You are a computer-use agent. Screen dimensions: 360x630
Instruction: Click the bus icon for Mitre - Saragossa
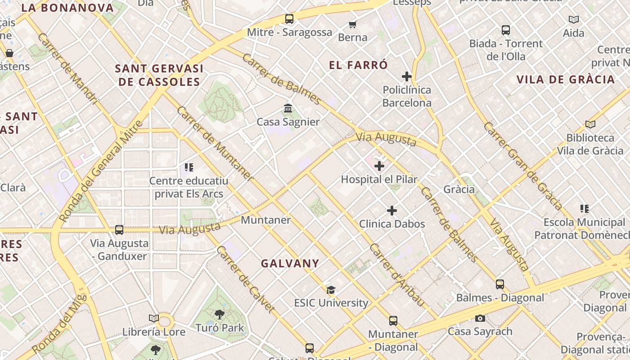click(289, 19)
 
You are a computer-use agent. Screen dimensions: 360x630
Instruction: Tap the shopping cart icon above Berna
click(353, 24)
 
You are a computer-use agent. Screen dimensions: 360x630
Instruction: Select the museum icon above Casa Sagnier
click(288, 108)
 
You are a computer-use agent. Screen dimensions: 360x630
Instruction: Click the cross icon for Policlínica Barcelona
click(407, 76)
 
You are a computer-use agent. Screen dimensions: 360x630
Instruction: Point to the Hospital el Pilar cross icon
click(379, 166)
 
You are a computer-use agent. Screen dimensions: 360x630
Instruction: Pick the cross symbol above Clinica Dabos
click(392, 211)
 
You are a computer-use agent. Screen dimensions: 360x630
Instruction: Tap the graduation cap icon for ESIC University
click(331, 290)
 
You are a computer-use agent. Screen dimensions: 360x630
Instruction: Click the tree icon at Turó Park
click(220, 315)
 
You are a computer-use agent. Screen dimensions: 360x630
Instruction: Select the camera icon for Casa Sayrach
click(480, 319)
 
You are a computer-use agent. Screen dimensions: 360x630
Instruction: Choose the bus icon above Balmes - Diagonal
click(500, 284)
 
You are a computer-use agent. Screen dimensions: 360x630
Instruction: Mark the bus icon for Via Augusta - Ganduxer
click(119, 230)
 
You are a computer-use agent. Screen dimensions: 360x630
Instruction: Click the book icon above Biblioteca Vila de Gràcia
click(590, 124)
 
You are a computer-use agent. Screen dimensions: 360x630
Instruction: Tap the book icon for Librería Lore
click(154, 319)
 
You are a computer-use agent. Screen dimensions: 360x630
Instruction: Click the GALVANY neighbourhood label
click(290, 264)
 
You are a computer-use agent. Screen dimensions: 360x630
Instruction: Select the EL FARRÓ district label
click(358, 65)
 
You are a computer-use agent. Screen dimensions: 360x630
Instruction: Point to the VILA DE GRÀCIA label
click(566, 80)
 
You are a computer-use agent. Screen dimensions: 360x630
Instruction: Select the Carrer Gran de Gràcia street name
click(523, 166)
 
